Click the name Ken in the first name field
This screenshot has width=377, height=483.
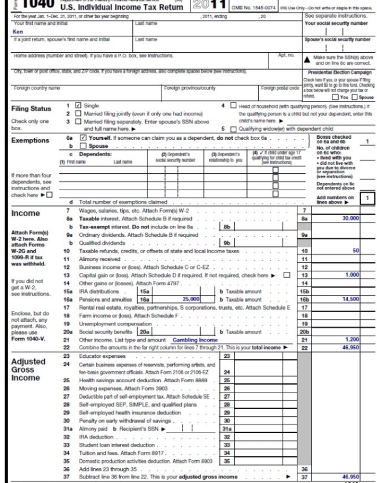pos(18,32)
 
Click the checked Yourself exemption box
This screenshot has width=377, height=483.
pos(83,138)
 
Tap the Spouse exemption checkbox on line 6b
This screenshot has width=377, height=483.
pos(83,146)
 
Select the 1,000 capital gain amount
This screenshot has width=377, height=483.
pos(352,274)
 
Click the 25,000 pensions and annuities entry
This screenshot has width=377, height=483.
pos(191,298)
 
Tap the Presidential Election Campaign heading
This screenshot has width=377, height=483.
pos(339,72)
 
